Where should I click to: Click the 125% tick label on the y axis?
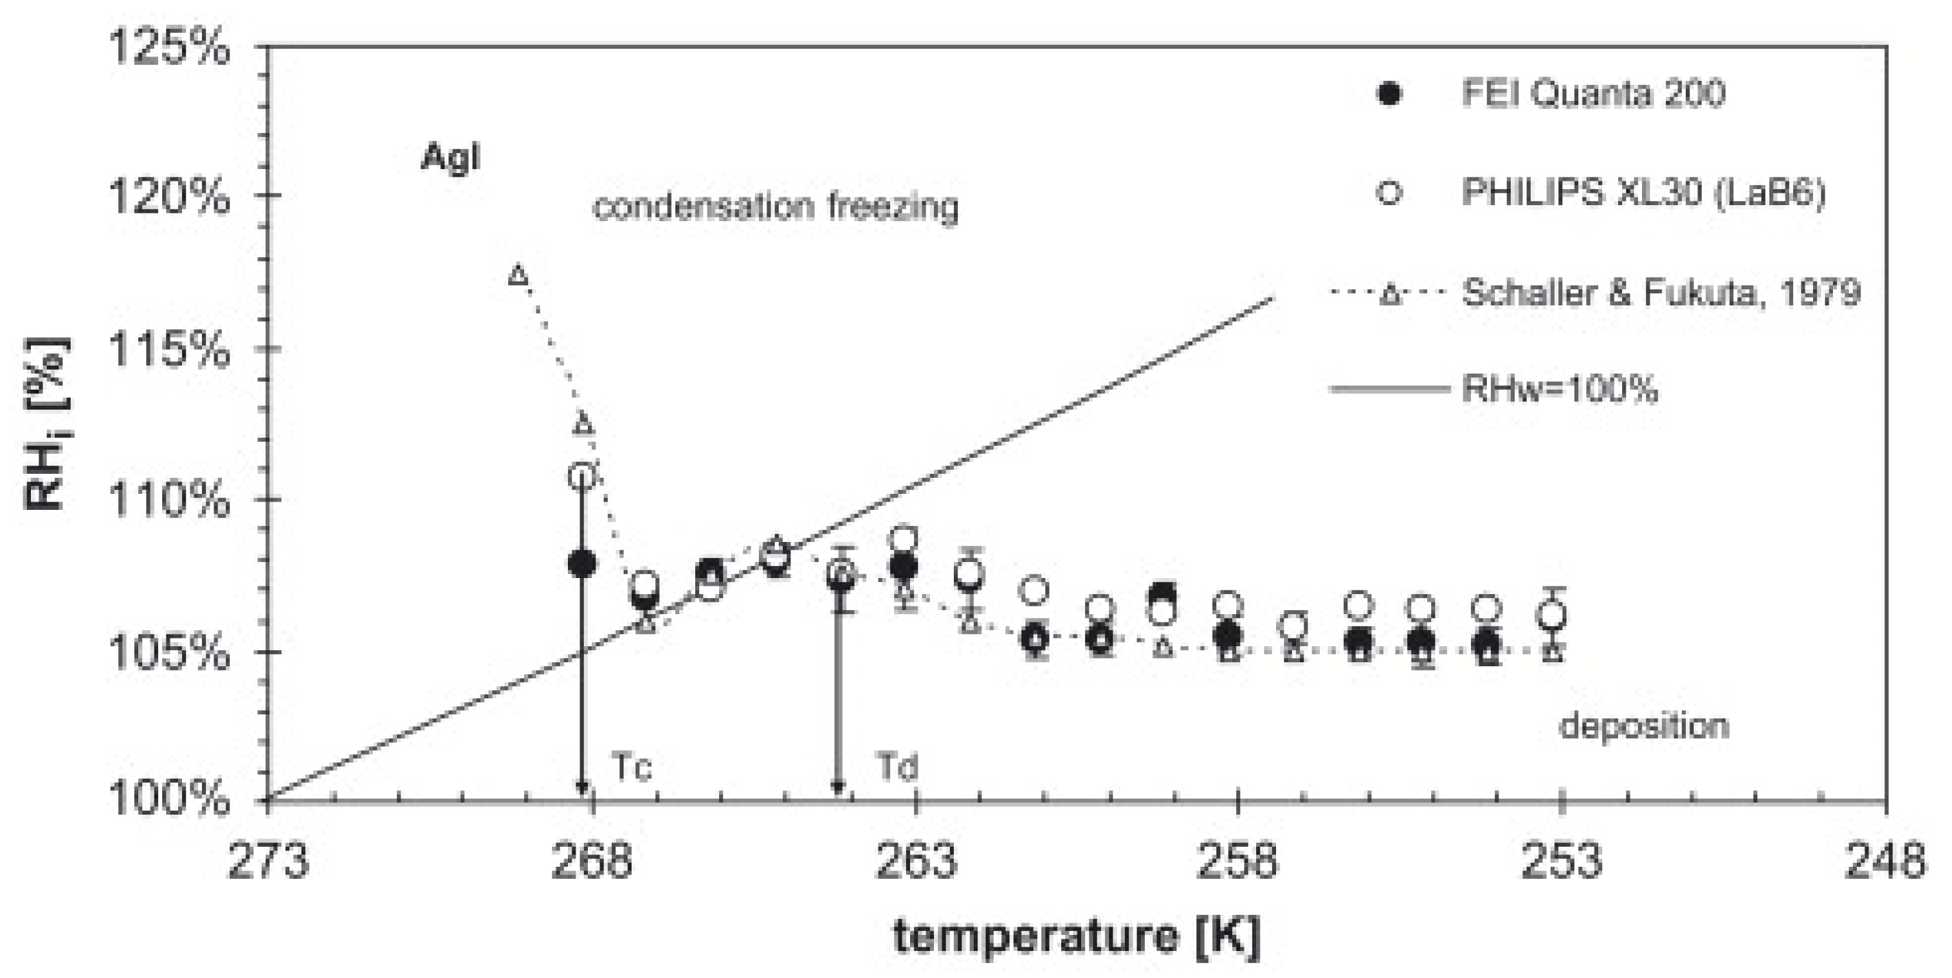[x=169, y=48]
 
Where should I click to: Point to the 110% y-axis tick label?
[x=169, y=500]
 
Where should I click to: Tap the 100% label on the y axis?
[x=169, y=799]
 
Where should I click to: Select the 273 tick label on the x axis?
[x=268, y=862]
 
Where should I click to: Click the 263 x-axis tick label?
[x=916, y=862]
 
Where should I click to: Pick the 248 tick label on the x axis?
[x=1884, y=862]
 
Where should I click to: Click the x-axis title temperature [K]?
[x=1076, y=936]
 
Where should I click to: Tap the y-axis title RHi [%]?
[x=47, y=424]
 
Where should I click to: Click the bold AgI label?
[x=450, y=158]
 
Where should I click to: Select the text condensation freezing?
[x=775, y=206]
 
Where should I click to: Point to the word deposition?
[x=1643, y=726]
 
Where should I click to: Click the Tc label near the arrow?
[x=630, y=766]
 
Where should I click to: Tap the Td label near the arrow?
[x=898, y=766]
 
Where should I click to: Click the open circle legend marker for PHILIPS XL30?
[x=1389, y=193]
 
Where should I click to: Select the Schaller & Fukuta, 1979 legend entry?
[x=1660, y=293]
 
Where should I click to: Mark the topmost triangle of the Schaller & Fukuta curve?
[x=518, y=274]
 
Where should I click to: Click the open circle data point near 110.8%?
[x=582, y=476]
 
